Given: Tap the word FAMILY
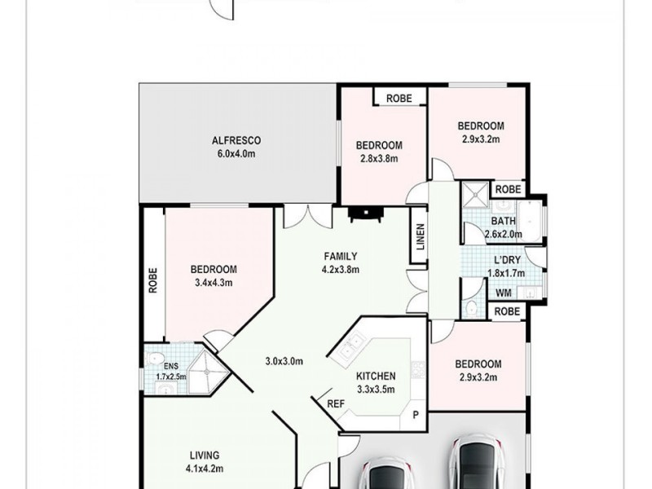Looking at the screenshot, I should (x=341, y=256).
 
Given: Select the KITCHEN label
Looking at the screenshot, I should (x=376, y=376).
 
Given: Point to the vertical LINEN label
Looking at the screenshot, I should (x=420, y=243).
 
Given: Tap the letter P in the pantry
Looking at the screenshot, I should (x=416, y=415).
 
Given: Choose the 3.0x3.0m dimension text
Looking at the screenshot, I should (x=287, y=360).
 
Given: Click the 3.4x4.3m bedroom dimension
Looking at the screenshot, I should (x=214, y=284).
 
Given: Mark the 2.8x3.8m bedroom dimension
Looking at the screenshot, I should (x=379, y=159).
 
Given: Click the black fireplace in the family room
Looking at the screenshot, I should (x=364, y=214).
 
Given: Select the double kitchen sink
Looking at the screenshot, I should (x=348, y=351).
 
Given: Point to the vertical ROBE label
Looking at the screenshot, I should (x=153, y=280).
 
